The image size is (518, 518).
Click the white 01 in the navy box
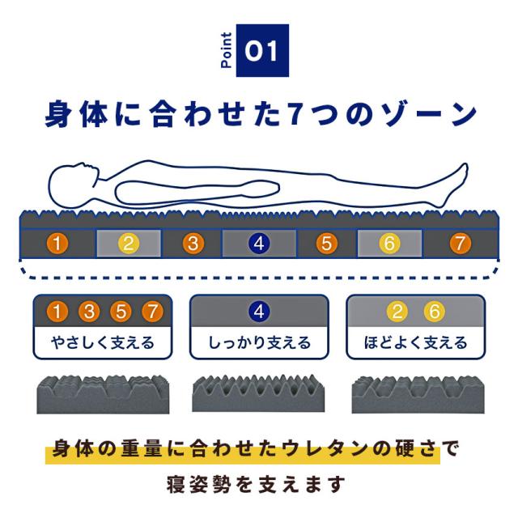(x=261, y=53)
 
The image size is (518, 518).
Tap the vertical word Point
(x=226, y=53)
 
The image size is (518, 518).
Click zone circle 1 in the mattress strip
(x=57, y=243)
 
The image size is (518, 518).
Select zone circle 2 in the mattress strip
(x=129, y=243)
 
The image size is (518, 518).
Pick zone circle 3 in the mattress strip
(x=193, y=243)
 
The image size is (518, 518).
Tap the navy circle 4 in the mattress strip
(x=260, y=243)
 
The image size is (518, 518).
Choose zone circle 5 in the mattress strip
(x=326, y=243)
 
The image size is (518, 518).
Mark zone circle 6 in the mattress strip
(x=389, y=243)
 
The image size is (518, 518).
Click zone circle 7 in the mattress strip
(x=459, y=243)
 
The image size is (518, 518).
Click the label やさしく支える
(x=102, y=342)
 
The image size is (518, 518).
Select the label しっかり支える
(x=259, y=342)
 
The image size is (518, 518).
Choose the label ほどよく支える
(x=416, y=342)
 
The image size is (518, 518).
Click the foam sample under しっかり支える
(x=259, y=394)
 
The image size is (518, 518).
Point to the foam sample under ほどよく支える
(x=415, y=394)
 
